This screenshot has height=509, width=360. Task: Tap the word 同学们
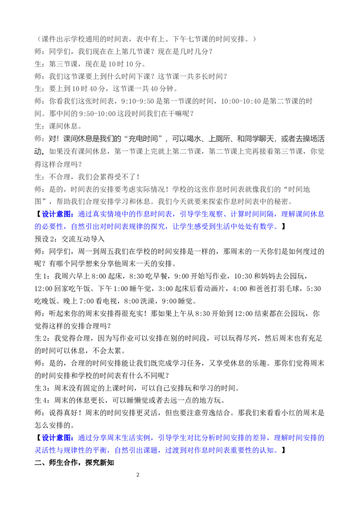pyautogui.click(x=60, y=52)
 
